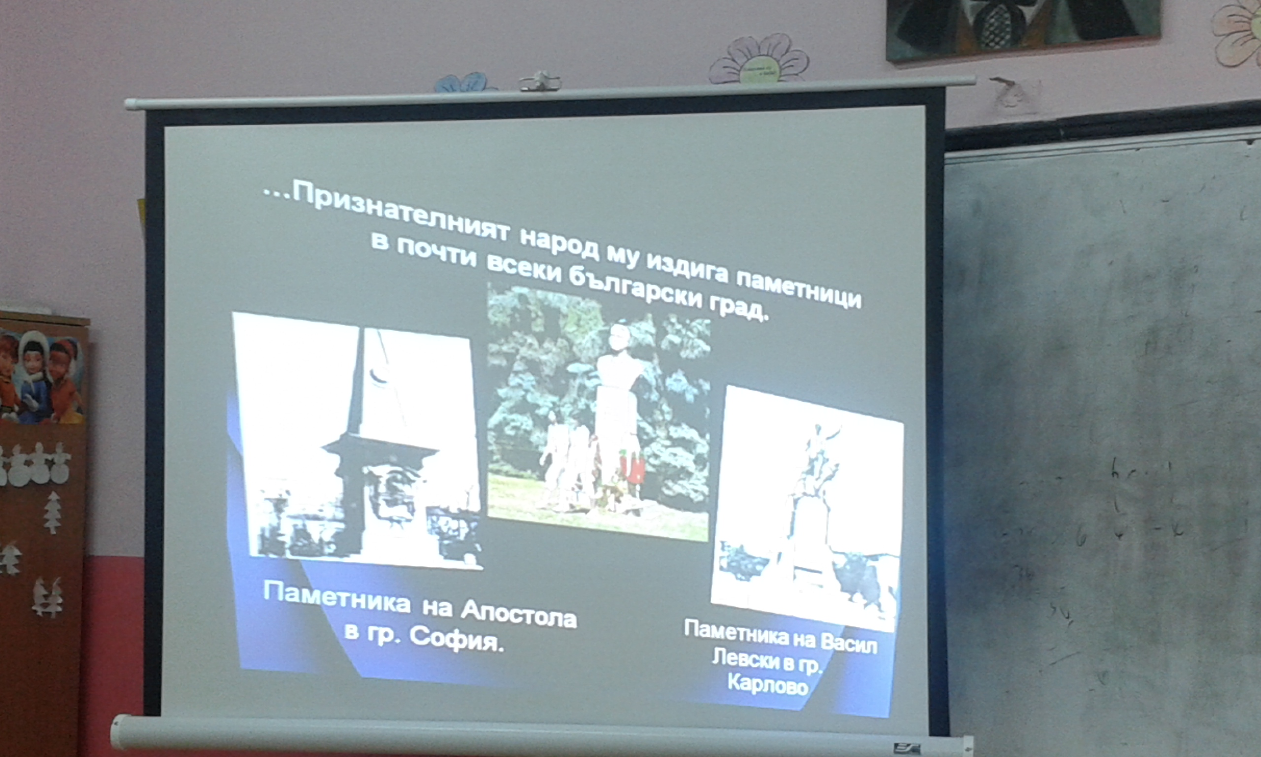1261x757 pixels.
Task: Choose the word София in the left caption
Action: coord(456,640)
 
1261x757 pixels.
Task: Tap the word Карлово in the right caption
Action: coord(767,684)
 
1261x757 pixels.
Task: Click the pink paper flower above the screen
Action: coord(759,60)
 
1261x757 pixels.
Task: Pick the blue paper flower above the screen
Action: coord(465,83)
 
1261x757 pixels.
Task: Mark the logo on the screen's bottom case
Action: coord(907,748)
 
